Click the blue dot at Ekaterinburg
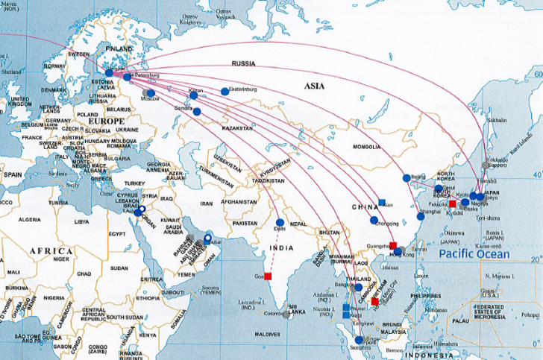tap(225, 92)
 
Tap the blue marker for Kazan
tap(194, 95)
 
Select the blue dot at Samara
tap(197, 112)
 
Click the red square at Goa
tap(268, 276)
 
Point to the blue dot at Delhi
tap(280, 222)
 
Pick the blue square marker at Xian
tap(382, 202)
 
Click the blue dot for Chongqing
tap(374, 220)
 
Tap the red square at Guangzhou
tap(393, 246)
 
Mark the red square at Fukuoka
tap(451, 203)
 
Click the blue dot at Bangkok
tap(358, 287)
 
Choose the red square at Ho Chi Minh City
tap(374, 301)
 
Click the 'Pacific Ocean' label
tap(474, 254)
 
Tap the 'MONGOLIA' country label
tap(366, 147)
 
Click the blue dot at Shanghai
tap(420, 215)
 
